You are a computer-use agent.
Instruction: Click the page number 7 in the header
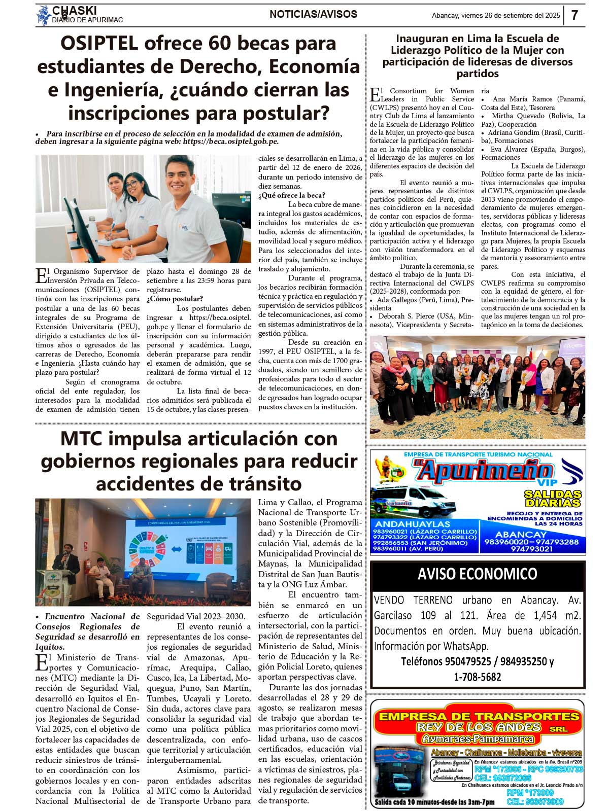click(574, 15)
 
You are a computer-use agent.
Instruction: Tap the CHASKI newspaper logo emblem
click(43, 15)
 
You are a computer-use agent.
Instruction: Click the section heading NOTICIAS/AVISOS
click(313, 15)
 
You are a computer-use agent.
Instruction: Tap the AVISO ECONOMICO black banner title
click(477, 574)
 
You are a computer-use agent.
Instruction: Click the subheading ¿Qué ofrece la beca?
click(292, 195)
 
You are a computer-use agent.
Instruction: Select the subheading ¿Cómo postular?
click(175, 299)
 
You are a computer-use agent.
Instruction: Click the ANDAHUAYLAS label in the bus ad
click(412, 524)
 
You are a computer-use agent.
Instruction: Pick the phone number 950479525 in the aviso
click(467, 662)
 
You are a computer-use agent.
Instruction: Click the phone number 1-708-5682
click(477, 677)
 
